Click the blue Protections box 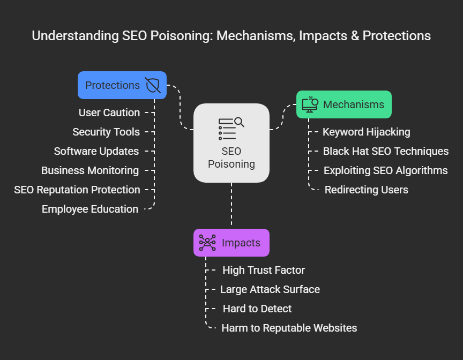[122, 85]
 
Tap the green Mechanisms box [343, 104]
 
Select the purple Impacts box [231, 243]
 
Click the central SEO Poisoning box [231, 142]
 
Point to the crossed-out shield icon [152, 85]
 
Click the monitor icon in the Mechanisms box [310, 104]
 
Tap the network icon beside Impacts [207, 243]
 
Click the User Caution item [109, 112]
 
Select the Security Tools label [106, 132]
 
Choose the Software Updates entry [96, 151]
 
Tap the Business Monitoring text [90, 170]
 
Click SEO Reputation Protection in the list [77, 190]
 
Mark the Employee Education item [90, 209]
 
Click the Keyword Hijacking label [366, 132]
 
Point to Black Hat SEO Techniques [385, 151]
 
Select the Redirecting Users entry [366, 190]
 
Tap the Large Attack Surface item [270, 289]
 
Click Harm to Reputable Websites [289, 328]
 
